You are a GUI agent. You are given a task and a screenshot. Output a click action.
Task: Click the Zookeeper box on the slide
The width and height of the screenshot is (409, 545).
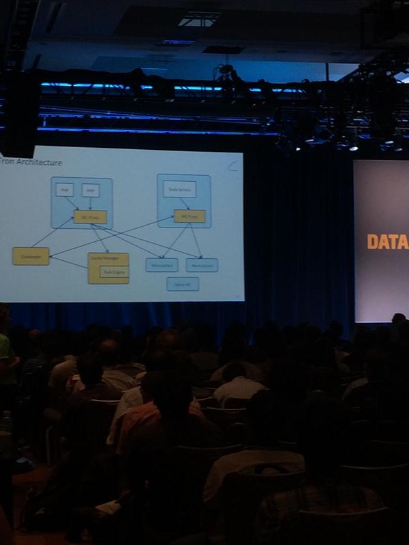pos(31,257)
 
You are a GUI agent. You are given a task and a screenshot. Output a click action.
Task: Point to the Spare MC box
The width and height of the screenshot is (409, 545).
pos(183,283)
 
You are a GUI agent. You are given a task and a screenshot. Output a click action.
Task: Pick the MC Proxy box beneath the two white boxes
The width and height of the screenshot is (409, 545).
pos(90,217)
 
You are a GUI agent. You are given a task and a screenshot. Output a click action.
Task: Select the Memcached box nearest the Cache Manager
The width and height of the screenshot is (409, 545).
pos(162,264)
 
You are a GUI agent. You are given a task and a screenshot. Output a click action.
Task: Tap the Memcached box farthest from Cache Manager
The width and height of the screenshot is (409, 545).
pos(202,264)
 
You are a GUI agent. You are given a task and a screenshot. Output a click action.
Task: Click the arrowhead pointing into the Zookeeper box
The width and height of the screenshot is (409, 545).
pos(51,255)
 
